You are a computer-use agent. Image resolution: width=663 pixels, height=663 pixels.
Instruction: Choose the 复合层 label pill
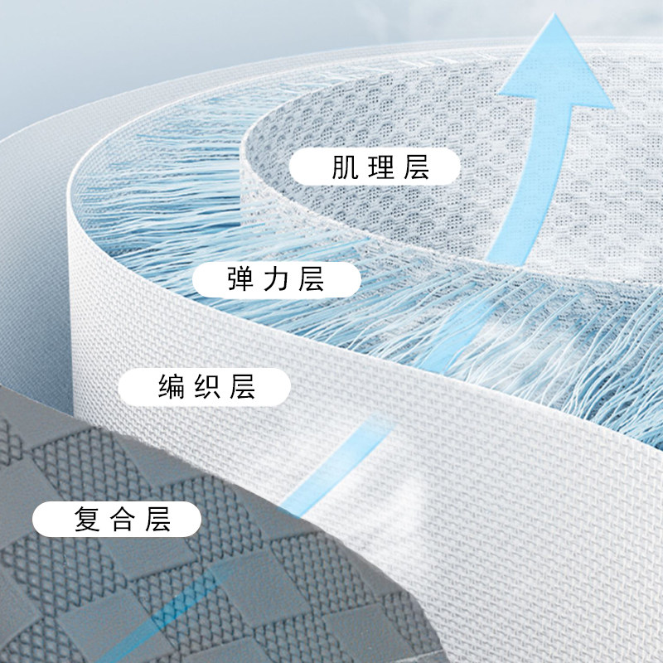[x=118, y=520]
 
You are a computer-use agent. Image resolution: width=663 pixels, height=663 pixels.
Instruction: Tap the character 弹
[x=240, y=278]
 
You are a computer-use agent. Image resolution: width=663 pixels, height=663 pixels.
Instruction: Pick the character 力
[x=276, y=278]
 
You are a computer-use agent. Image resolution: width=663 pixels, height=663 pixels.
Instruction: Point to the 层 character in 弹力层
[x=312, y=278]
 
